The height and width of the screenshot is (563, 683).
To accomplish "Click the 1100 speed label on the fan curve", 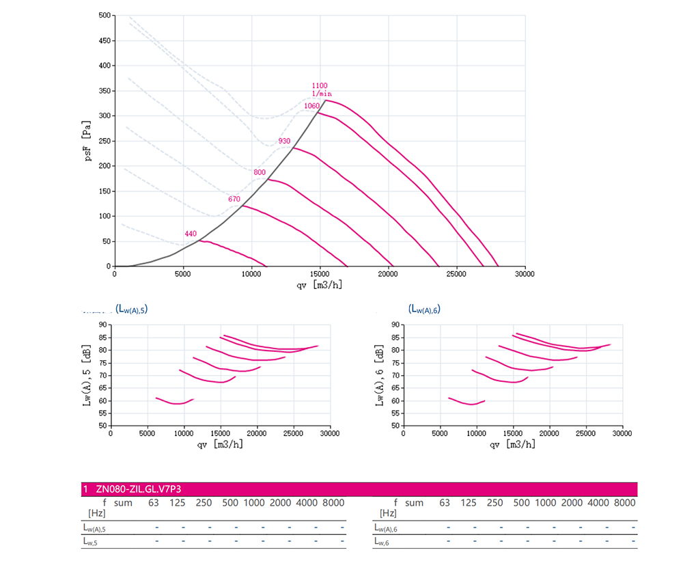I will click(x=319, y=85).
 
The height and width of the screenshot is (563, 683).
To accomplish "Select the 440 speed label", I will click(x=191, y=234).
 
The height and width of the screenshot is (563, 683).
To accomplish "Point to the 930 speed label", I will click(x=284, y=141).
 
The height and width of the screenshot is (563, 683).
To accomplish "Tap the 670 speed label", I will click(x=234, y=200).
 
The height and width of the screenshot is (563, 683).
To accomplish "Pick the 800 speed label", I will click(x=260, y=173).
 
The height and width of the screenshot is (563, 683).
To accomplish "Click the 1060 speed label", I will click(x=311, y=106).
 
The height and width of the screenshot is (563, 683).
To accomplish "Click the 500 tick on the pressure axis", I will click(x=104, y=15).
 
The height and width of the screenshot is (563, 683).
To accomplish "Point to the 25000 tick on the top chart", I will click(x=456, y=274).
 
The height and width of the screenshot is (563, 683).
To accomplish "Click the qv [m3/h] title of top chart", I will click(x=319, y=285).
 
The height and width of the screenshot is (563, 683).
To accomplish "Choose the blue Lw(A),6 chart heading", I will click(x=424, y=309).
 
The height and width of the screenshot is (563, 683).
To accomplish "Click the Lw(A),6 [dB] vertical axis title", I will click(x=380, y=374).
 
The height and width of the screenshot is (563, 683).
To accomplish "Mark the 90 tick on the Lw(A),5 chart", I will click(x=104, y=325).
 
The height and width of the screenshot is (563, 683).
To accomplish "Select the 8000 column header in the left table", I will click(x=333, y=503).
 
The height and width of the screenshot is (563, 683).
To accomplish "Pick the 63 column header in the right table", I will click(x=445, y=503).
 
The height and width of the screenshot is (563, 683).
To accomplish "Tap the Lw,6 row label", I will click(x=382, y=541).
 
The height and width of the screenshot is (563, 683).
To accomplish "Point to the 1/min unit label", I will click(x=322, y=94).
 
